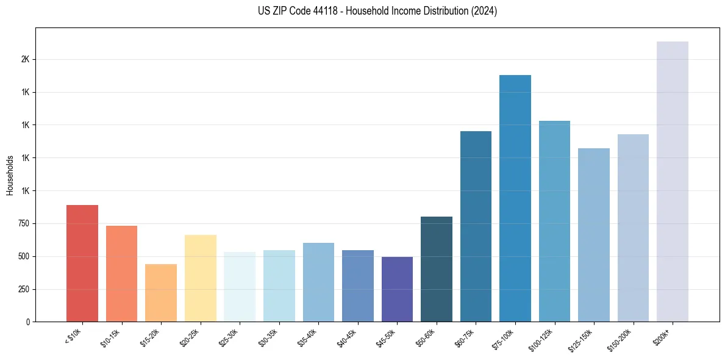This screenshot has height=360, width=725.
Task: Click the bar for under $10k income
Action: point(82,263)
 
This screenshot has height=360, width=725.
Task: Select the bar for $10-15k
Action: point(121,273)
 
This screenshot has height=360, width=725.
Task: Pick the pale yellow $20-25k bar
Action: point(200,278)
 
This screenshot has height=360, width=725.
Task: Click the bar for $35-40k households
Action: point(318,282)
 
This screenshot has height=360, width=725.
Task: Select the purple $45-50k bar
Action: point(397,289)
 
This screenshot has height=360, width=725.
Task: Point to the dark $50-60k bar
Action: point(437,269)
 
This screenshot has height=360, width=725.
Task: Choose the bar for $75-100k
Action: point(515,198)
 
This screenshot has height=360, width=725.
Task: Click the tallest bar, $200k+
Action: point(673,181)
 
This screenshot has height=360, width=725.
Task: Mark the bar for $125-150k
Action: point(594,235)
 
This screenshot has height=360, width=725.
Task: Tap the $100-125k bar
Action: point(554,221)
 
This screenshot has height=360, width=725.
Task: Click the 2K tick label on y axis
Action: point(25,60)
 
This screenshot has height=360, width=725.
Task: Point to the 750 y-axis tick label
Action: point(23,224)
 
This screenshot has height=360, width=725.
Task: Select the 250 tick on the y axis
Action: point(23,289)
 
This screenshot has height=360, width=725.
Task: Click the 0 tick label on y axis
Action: point(28,322)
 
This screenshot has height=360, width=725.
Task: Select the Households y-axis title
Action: point(10,175)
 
